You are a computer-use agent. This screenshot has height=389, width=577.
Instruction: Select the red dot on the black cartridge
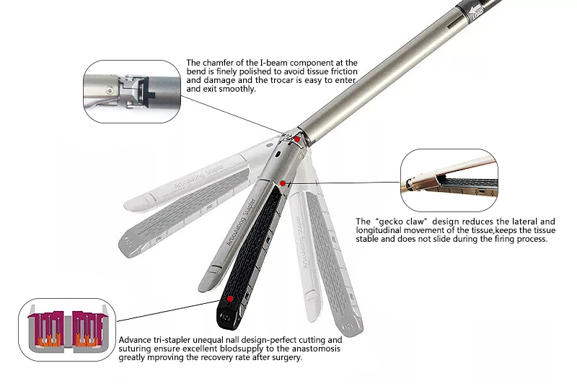click(x=230, y=297)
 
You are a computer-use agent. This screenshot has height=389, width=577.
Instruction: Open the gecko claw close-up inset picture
click(x=449, y=179)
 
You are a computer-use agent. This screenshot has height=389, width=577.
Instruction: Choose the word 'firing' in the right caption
click(x=500, y=238)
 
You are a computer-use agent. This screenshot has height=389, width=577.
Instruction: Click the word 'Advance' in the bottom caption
click(x=134, y=340)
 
